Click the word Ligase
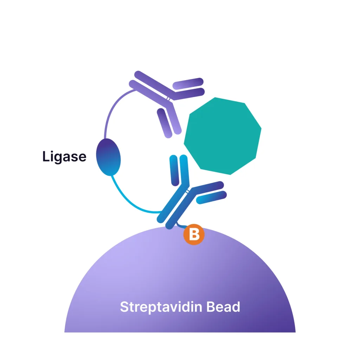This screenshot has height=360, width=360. click(64, 156)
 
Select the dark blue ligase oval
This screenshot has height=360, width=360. click(109, 157)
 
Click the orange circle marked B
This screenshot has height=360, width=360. click(194, 234)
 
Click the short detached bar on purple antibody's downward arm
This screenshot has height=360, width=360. click(164, 122)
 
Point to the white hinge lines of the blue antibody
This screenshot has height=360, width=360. click(189, 191)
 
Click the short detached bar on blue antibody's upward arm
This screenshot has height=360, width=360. click(174, 170)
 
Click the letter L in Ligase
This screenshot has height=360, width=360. click(45, 156)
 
